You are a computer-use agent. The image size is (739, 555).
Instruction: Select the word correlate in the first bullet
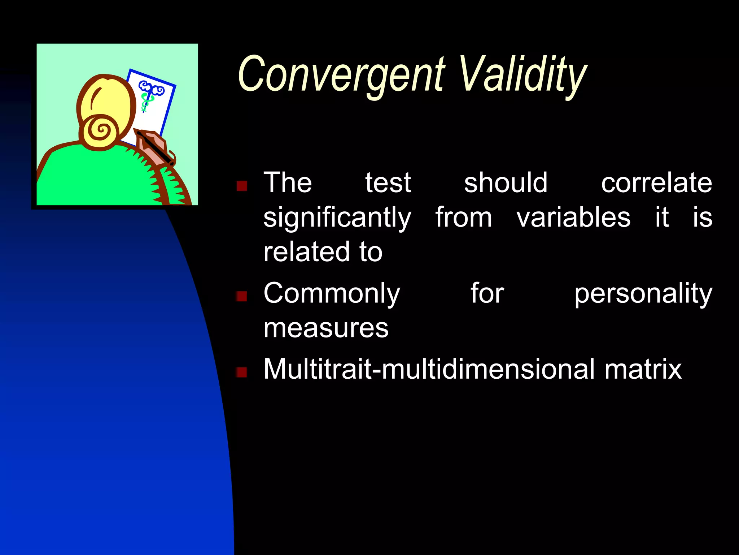(656, 183)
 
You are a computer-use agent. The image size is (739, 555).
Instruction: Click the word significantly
(337, 218)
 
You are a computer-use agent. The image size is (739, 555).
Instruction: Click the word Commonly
(332, 294)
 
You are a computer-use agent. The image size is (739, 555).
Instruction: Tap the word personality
(643, 294)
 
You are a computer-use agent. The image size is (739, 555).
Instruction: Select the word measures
(326, 328)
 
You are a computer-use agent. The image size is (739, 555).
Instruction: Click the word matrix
(643, 369)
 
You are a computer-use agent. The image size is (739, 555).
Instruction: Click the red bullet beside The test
(241, 186)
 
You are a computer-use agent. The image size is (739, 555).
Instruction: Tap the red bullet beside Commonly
(241, 296)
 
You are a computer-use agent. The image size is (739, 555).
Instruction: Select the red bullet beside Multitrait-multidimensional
(241, 372)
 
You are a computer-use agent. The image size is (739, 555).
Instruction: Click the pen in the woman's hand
(155, 148)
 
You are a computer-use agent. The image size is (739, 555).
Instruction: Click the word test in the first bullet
(388, 183)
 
